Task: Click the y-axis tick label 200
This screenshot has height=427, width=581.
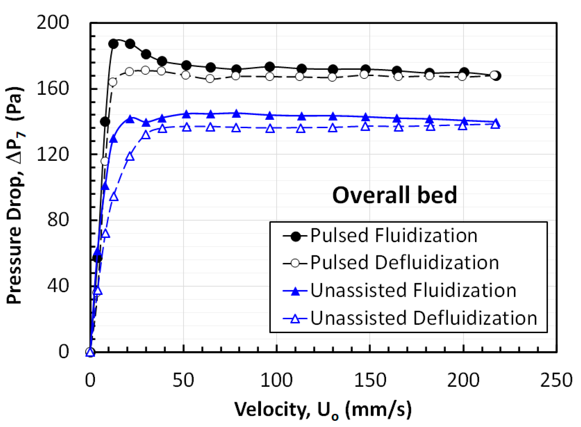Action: pyautogui.click(x=53, y=23)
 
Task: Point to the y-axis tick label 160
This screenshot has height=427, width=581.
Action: pyautogui.click(x=53, y=88)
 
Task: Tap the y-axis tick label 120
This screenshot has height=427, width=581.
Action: pyautogui.click(x=53, y=155)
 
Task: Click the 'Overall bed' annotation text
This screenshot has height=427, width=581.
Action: pyautogui.click(x=394, y=195)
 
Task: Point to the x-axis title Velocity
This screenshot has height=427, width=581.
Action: pyautogui.click(x=323, y=410)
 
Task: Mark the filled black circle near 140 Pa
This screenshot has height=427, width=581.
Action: pyautogui.click(x=105, y=122)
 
